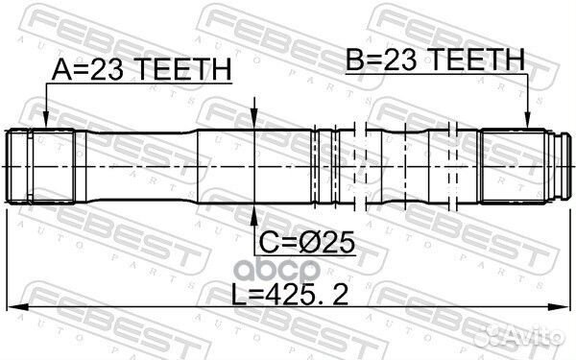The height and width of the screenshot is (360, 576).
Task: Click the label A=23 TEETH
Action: click(x=141, y=69)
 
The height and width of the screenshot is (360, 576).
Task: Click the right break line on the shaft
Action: click(x=453, y=165)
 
